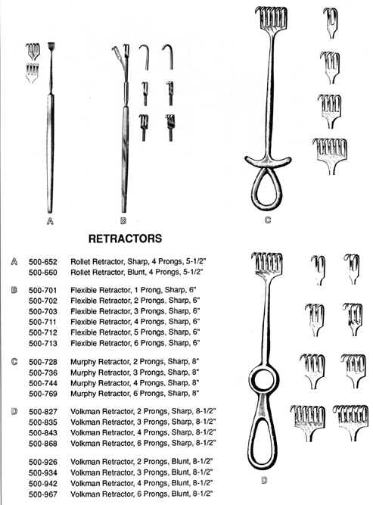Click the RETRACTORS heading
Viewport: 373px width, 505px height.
(x=125, y=238)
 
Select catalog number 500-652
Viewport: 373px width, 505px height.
(x=43, y=261)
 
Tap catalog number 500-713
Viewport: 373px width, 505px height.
(x=43, y=343)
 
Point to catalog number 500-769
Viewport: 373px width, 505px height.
(x=43, y=394)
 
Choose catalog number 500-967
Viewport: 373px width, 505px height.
(x=43, y=494)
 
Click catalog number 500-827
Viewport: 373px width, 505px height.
(x=43, y=412)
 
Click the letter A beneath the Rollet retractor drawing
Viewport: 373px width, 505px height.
(x=50, y=221)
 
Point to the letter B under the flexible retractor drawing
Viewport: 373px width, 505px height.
(x=123, y=221)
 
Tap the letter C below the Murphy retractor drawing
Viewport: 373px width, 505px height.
(x=268, y=220)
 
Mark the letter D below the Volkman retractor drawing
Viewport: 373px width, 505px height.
(x=264, y=481)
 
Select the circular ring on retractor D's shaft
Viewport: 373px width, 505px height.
(x=251, y=379)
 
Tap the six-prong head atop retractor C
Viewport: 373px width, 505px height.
(x=272, y=20)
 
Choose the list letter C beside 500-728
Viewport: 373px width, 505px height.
(x=14, y=362)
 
